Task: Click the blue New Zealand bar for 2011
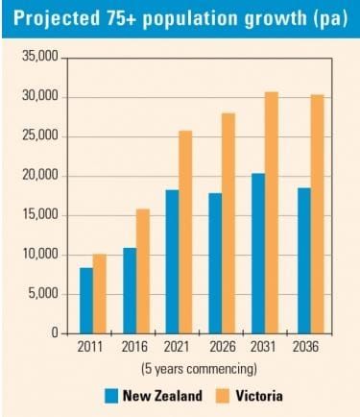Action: [86, 300]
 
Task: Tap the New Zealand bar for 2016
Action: [130, 290]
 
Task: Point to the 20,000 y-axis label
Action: [38, 176]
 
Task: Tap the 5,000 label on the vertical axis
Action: [41, 294]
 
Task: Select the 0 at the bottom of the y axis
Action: [54, 333]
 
